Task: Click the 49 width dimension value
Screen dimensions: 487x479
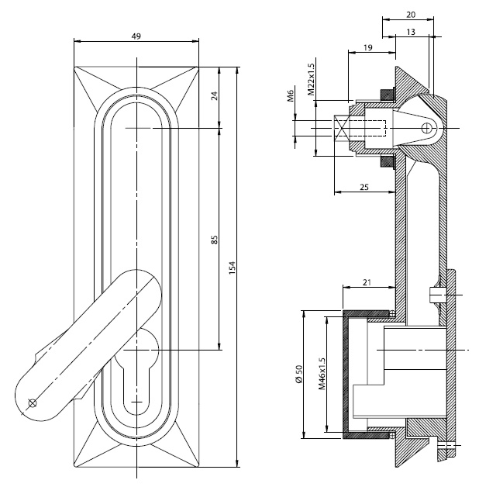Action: click(136, 36)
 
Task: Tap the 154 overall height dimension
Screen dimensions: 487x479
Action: click(232, 268)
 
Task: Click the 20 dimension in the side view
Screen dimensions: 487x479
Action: click(409, 15)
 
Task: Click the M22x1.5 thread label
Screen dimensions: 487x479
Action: click(310, 80)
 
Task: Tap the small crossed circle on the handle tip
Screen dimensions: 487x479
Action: click(32, 402)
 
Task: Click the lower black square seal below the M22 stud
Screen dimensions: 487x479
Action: click(385, 161)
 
